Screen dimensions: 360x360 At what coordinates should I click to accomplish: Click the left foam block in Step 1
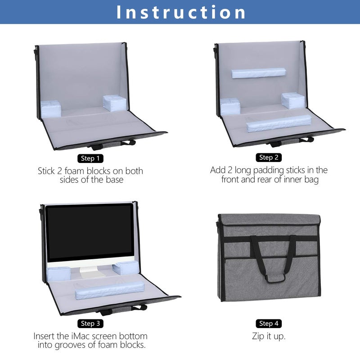coord(50,108)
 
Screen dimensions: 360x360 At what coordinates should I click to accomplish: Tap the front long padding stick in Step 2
coord(279,123)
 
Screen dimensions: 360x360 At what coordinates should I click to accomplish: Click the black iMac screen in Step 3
coord(90,233)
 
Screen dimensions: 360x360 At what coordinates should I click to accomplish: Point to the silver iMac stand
coord(92,271)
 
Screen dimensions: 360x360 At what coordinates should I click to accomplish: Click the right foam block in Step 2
coord(292,100)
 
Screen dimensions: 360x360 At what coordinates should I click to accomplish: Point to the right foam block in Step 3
coord(123,268)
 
